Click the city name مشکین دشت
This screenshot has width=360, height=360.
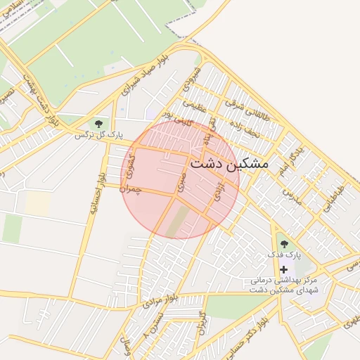pyautogui.click(x=230, y=163)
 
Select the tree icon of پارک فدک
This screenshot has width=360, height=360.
pyautogui.click(x=284, y=243)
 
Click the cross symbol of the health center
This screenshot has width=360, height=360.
pyautogui.click(x=284, y=269)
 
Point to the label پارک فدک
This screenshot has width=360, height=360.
pyautogui.click(x=283, y=254)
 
